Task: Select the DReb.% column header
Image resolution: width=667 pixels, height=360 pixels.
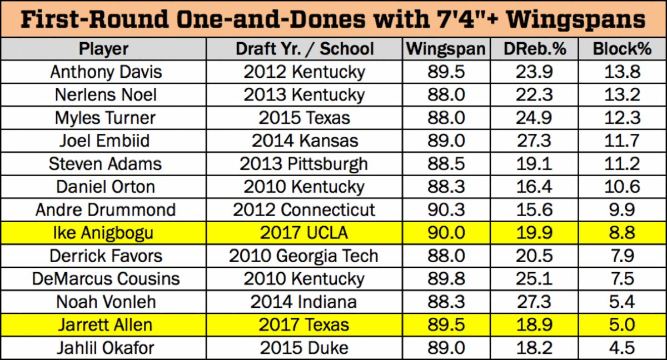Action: click(x=534, y=49)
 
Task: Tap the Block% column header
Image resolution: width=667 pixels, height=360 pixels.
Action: click(x=622, y=49)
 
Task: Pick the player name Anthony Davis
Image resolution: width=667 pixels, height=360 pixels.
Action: click(x=106, y=72)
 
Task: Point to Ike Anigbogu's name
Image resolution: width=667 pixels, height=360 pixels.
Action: click(x=105, y=233)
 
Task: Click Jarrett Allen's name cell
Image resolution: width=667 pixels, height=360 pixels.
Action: click(x=105, y=324)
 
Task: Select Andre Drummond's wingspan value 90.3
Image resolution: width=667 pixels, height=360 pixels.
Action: click(x=446, y=210)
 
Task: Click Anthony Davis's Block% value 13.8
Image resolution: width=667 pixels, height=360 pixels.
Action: click(x=622, y=72)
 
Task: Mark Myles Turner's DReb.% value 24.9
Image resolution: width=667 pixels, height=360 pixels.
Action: click(x=534, y=118)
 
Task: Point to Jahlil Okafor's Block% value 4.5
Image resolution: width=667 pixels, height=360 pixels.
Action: click(x=622, y=348)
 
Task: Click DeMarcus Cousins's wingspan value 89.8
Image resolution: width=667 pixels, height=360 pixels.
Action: click(x=446, y=279)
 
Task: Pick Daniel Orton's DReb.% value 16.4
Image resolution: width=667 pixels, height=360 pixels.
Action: click(x=534, y=187)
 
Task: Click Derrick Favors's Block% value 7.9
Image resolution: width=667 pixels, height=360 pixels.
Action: click(x=622, y=256)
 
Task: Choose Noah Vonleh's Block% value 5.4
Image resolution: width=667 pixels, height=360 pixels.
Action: click(x=622, y=302)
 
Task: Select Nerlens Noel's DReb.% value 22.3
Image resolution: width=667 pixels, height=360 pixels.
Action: click(x=534, y=95)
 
